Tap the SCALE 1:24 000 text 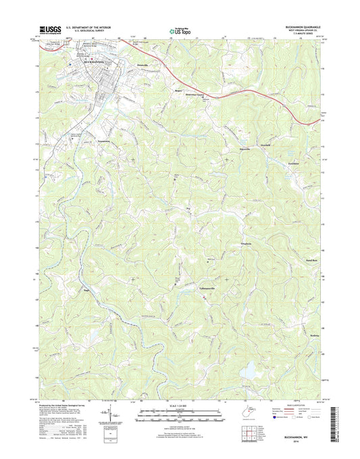click(x=180, y=407)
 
